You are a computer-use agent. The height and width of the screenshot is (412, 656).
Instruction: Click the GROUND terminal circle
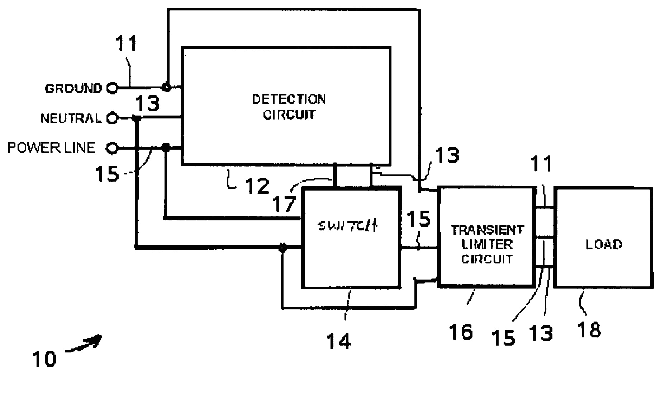113,88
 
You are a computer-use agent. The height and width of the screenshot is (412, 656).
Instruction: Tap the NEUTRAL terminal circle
113,118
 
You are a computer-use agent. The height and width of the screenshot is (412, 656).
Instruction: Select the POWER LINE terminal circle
113,148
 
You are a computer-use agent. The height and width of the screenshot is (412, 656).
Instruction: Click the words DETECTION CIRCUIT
289,107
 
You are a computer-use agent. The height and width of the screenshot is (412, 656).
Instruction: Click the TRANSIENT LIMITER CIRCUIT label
487,244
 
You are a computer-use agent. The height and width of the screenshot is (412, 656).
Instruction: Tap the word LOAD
604,245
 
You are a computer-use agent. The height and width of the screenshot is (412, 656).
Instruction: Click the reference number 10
44,359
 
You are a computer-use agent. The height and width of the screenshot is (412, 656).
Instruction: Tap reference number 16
461,332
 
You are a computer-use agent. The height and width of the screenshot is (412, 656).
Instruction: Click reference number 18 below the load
589,329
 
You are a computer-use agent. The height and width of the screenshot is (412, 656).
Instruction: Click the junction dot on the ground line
166,87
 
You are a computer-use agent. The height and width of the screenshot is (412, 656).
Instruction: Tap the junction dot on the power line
166,147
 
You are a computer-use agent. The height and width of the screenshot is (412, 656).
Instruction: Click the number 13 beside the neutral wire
148,104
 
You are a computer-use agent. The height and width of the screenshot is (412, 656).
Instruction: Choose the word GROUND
73,88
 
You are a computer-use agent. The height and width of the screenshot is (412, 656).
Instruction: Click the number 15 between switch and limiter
419,219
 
